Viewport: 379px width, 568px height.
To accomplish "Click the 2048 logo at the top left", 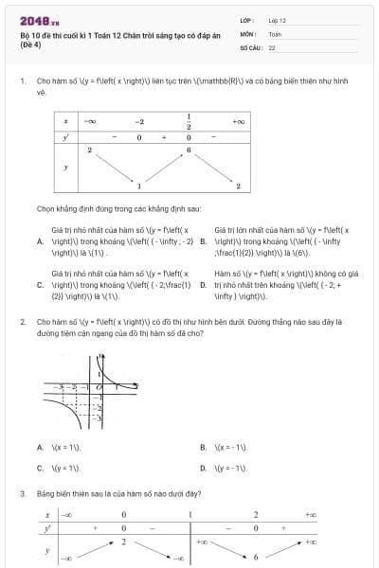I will point(35,21).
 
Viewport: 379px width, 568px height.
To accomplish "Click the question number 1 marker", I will point(22,82).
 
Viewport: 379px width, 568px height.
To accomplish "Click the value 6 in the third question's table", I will point(256,557).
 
